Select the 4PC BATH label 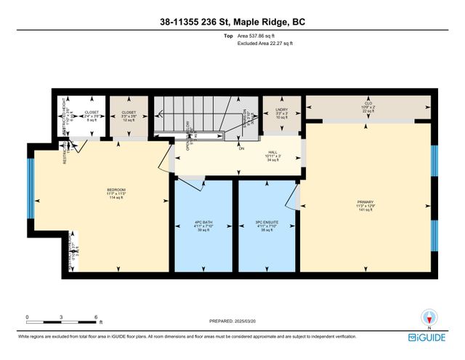click(x=203, y=225)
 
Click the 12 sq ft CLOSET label click(x=128, y=116)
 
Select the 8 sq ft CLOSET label click(x=91, y=116)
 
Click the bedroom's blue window click(x=31, y=188)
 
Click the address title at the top click(x=232, y=23)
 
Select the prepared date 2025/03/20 click(x=233, y=321)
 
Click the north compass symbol click(x=430, y=317)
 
